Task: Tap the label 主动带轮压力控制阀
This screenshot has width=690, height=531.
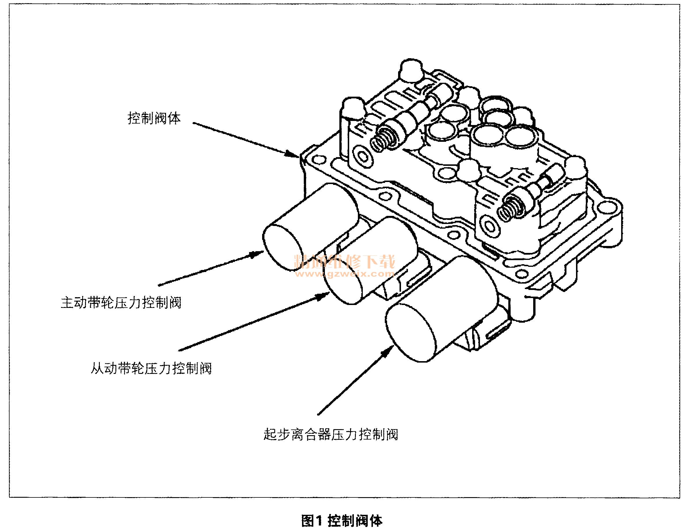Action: click(121, 302)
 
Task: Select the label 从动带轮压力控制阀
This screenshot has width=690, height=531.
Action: click(151, 368)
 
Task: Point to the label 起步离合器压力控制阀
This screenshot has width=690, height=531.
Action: click(330, 434)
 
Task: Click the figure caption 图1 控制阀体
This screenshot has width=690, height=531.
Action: click(342, 521)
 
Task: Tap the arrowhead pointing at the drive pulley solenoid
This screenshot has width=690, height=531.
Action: click(257, 254)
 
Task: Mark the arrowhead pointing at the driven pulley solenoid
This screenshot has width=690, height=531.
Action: click(324, 296)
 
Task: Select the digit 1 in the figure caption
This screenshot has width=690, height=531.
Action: click(318, 521)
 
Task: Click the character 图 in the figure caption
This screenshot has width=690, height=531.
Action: click(307, 521)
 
